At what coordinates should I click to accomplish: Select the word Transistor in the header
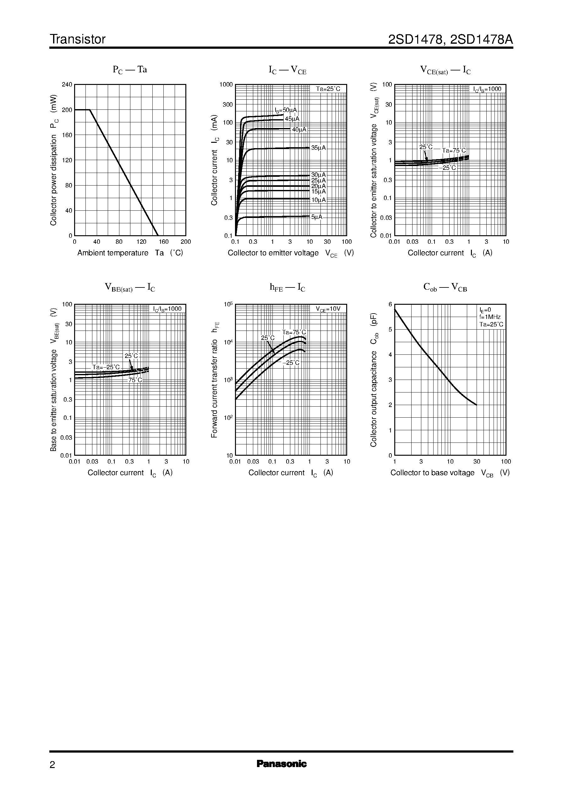78,40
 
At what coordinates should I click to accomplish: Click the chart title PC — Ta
130,70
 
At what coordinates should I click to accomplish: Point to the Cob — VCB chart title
445,287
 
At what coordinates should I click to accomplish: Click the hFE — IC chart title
287,287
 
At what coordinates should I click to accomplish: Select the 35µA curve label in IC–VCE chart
318,148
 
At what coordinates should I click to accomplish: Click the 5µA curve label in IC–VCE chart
316,217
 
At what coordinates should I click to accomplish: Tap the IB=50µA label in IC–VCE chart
286,110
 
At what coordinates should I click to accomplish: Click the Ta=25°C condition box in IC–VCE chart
328,89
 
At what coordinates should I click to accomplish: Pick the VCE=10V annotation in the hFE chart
328,309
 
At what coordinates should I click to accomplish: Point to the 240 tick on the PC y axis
67,85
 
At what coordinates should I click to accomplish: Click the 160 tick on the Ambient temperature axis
164,242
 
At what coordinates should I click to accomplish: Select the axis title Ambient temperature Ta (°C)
130,253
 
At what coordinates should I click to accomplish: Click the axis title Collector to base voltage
432,473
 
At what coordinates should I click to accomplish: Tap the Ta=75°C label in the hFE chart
294,332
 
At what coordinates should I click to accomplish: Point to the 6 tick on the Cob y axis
390,304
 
